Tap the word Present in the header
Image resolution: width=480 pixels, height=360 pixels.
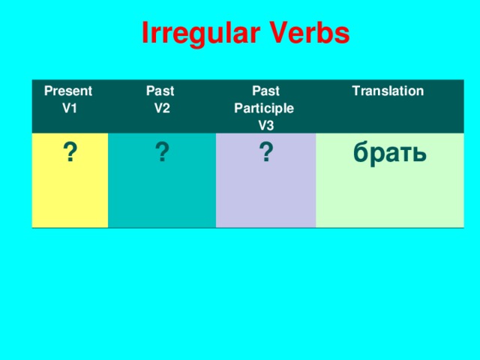tap(68, 91)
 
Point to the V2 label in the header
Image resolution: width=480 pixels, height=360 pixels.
tap(161, 108)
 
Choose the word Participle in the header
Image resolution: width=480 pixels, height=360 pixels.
tap(264, 108)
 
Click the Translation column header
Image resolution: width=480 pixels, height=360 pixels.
tap(388, 91)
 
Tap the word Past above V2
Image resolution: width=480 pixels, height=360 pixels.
tap(160, 91)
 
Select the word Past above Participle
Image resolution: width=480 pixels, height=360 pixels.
tap(266, 91)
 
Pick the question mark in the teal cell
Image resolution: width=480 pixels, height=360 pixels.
tap(161, 154)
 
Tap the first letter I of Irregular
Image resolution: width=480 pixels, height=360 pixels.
tap(145, 33)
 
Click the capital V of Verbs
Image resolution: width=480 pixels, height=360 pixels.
tap(274, 33)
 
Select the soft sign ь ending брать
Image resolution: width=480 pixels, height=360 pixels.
tap(420, 154)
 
